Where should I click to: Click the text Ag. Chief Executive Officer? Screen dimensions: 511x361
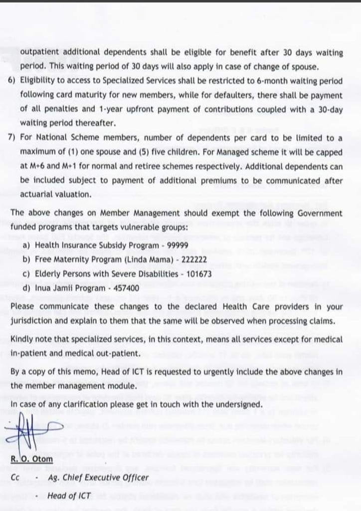[x=98, y=478]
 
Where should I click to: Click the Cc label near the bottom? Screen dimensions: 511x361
[x=15, y=478]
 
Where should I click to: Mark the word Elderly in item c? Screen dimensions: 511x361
[x=48, y=274]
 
